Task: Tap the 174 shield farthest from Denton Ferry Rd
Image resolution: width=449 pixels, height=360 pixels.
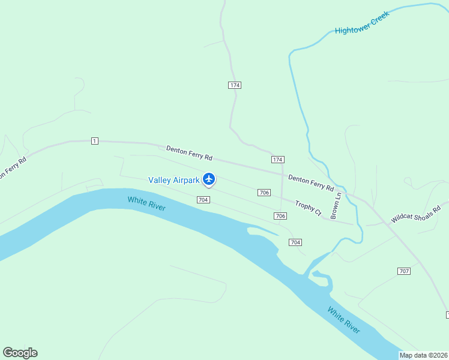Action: click(x=235, y=85)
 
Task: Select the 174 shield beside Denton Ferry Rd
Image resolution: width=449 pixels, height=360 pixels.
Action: click(x=277, y=159)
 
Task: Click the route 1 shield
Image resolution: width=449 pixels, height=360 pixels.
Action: click(x=95, y=141)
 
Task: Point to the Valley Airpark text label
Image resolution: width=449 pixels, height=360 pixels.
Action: click(x=173, y=180)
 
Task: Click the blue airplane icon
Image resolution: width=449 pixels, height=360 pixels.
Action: click(x=209, y=179)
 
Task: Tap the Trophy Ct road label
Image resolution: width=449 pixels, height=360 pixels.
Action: click(x=309, y=208)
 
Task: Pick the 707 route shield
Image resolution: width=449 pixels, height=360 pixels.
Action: click(x=404, y=271)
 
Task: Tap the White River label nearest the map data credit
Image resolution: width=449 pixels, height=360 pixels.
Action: click(x=344, y=320)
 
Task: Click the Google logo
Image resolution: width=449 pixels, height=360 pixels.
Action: click(x=20, y=353)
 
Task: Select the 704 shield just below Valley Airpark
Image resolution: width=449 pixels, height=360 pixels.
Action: click(x=203, y=199)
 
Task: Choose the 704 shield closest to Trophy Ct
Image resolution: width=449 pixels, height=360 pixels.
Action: click(x=295, y=242)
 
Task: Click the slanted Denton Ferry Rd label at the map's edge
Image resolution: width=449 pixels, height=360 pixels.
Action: click(x=12, y=168)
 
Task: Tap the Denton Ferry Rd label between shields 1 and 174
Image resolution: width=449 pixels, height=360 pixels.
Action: click(x=189, y=153)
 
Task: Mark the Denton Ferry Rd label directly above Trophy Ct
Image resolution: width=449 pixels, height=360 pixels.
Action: click(x=310, y=182)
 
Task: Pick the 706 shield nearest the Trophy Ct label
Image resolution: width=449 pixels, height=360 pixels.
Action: click(x=280, y=215)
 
